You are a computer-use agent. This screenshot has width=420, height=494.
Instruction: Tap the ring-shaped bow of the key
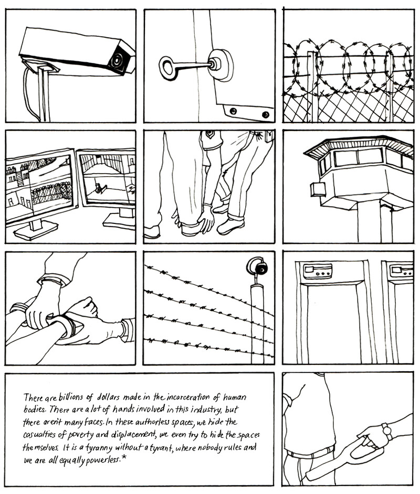coord(169,68)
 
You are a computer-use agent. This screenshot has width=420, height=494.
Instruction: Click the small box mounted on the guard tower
coord(318,189)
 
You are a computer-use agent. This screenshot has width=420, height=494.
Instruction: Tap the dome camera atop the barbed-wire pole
coord(258,268)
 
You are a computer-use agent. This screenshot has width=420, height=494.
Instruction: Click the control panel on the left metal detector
coord(318,271)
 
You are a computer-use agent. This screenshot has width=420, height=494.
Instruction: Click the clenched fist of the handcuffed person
coord(82,308)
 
